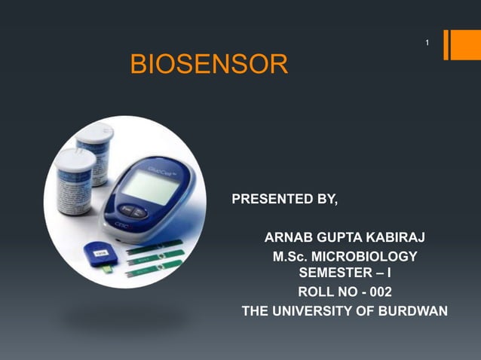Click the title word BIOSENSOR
(209, 65)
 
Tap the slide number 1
(427, 44)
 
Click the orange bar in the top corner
(457, 44)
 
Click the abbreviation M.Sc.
(290, 257)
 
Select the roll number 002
(376, 291)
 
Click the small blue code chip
(98, 255)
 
